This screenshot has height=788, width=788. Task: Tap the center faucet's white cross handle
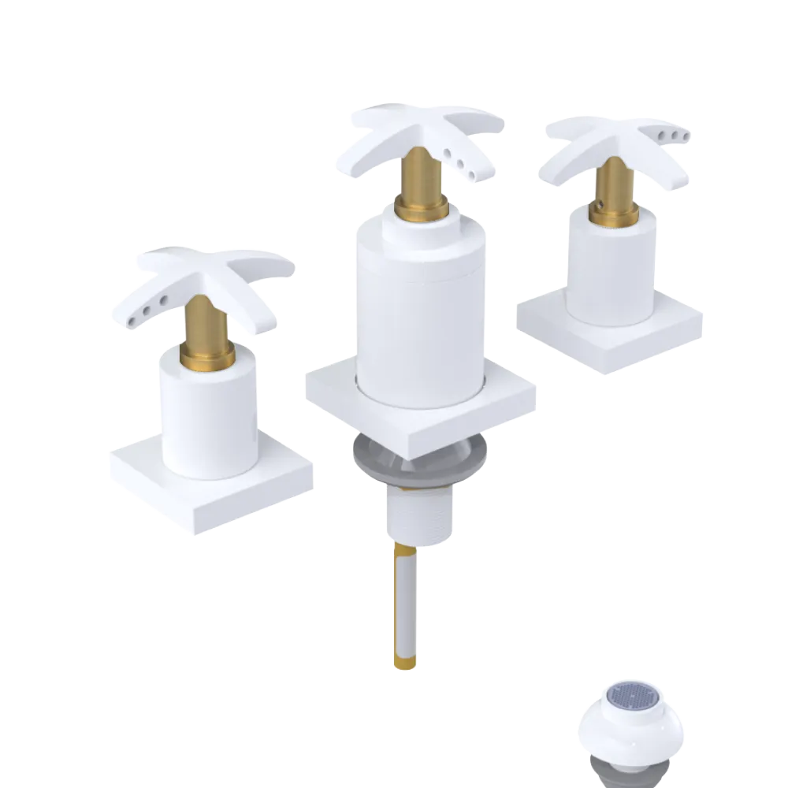(426, 126)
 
